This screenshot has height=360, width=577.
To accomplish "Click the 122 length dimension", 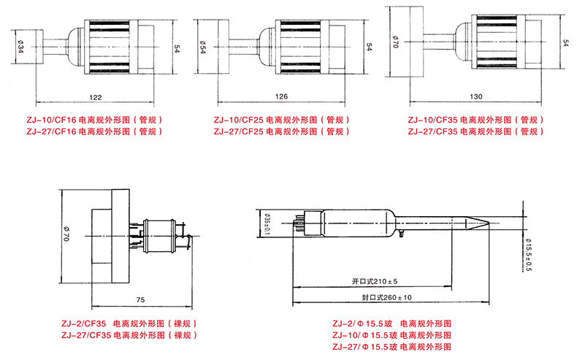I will coord(94,97).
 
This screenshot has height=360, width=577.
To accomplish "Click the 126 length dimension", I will coord(281,97).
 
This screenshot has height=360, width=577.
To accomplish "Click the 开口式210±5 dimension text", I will coord(375,281).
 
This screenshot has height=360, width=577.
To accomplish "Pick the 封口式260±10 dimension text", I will coord(386,298).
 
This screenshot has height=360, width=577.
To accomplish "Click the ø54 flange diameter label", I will coord(202,47).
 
